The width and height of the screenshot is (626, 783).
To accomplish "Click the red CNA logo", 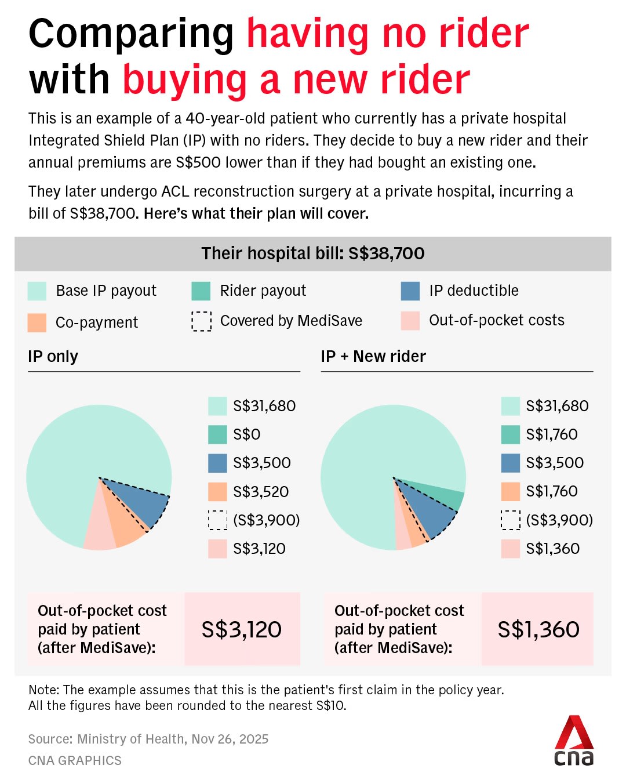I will pos(574,741).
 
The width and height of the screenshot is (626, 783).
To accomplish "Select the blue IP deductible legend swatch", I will pos(410,291).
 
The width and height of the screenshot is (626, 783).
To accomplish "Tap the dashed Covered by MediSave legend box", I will pos(201,321).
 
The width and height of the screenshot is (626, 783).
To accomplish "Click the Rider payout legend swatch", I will pos(201,291).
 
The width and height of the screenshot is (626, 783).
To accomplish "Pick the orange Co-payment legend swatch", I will pos(37,322).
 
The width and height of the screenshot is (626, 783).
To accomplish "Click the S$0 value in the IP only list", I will pos(246,434).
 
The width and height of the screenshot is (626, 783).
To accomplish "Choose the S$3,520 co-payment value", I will pos(261,492).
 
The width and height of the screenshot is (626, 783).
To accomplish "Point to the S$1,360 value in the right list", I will pos(552,549).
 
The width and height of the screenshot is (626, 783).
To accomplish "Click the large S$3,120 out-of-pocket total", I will pos(242,629).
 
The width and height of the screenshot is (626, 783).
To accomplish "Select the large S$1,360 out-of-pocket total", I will pos(538,629).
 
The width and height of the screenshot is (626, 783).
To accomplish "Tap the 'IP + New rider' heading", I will pos(373,356).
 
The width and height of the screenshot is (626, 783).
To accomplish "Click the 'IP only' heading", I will pos(53,356).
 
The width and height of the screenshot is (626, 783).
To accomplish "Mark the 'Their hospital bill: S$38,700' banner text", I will pos(313,253).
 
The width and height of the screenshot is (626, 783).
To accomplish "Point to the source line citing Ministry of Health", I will pos(148,739).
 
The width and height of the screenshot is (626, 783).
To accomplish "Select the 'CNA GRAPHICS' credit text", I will pos(75,760).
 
